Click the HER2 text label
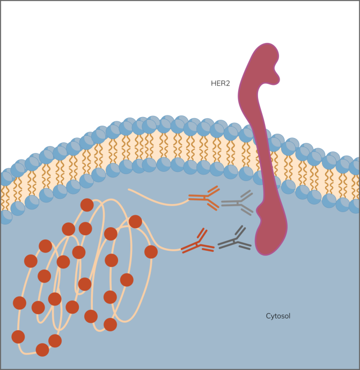pos(220,84)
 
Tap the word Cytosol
pos(278,316)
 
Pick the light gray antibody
pos(237,203)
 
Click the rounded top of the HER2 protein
pos(267,47)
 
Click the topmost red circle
pos(87,205)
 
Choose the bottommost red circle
pos(42,350)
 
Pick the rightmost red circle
pos(151,252)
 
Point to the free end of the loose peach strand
pos(128,189)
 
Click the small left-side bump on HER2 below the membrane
pos(259,209)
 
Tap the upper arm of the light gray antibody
pos(247,195)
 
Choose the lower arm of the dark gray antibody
pos(244,245)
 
